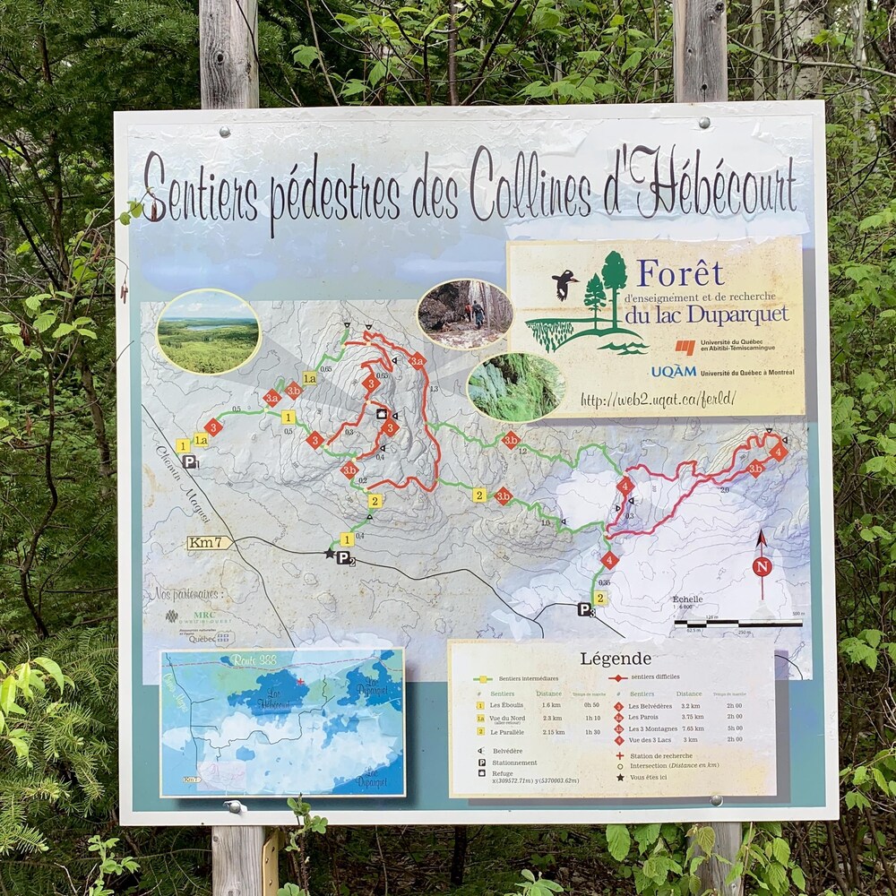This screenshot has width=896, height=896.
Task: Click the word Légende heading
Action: pyautogui.click(x=616, y=659)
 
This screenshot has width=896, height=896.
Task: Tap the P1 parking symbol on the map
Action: pyautogui.click(x=190, y=461)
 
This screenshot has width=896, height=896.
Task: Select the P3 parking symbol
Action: pyautogui.click(x=584, y=609)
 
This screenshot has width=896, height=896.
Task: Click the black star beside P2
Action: pyautogui.click(x=330, y=554)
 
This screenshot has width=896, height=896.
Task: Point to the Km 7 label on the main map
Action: pyautogui.click(x=208, y=542)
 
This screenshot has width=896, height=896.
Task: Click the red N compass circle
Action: pyautogui.click(x=762, y=566)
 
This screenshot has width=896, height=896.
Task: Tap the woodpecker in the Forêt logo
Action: pyautogui.click(x=564, y=284)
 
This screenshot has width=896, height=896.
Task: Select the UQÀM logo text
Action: pyautogui.click(x=674, y=371)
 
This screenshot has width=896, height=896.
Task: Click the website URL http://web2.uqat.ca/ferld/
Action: pyautogui.click(x=658, y=400)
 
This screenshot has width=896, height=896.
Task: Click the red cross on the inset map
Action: pyautogui.click(x=300, y=682)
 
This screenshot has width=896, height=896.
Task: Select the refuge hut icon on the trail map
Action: pyautogui.click(x=381, y=415)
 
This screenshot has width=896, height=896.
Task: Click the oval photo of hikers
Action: pyautogui.click(x=465, y=314)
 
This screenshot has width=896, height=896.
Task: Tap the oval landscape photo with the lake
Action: pyautogui.click(x=208, y=332)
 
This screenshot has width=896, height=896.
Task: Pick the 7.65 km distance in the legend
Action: pyautogui.click(x=690, y=728)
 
